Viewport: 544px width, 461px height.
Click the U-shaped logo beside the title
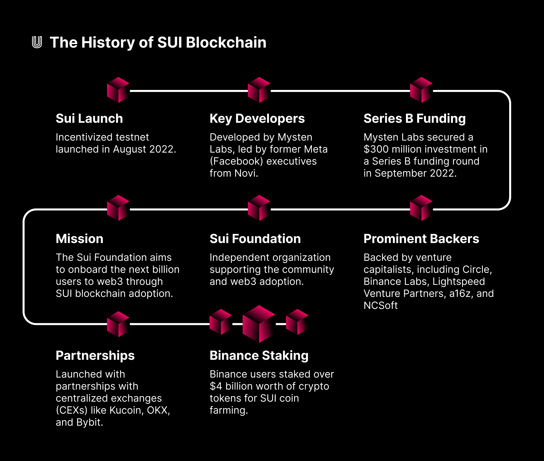37,42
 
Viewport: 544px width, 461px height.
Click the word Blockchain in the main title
226,42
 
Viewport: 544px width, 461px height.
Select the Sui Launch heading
89,119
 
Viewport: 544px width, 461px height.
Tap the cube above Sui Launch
118,90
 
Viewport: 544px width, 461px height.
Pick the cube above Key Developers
259,90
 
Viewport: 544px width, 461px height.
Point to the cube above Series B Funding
421,90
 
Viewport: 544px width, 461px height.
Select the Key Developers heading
257,119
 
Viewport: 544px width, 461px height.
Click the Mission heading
79,239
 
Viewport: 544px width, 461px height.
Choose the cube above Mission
118,208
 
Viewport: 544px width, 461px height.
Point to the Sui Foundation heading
255,239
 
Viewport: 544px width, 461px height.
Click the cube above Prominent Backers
421,208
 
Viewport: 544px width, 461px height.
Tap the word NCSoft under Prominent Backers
381,305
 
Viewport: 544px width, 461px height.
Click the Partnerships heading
95,356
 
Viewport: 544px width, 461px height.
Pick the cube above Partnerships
118,324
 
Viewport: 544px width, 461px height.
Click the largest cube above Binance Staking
259,324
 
